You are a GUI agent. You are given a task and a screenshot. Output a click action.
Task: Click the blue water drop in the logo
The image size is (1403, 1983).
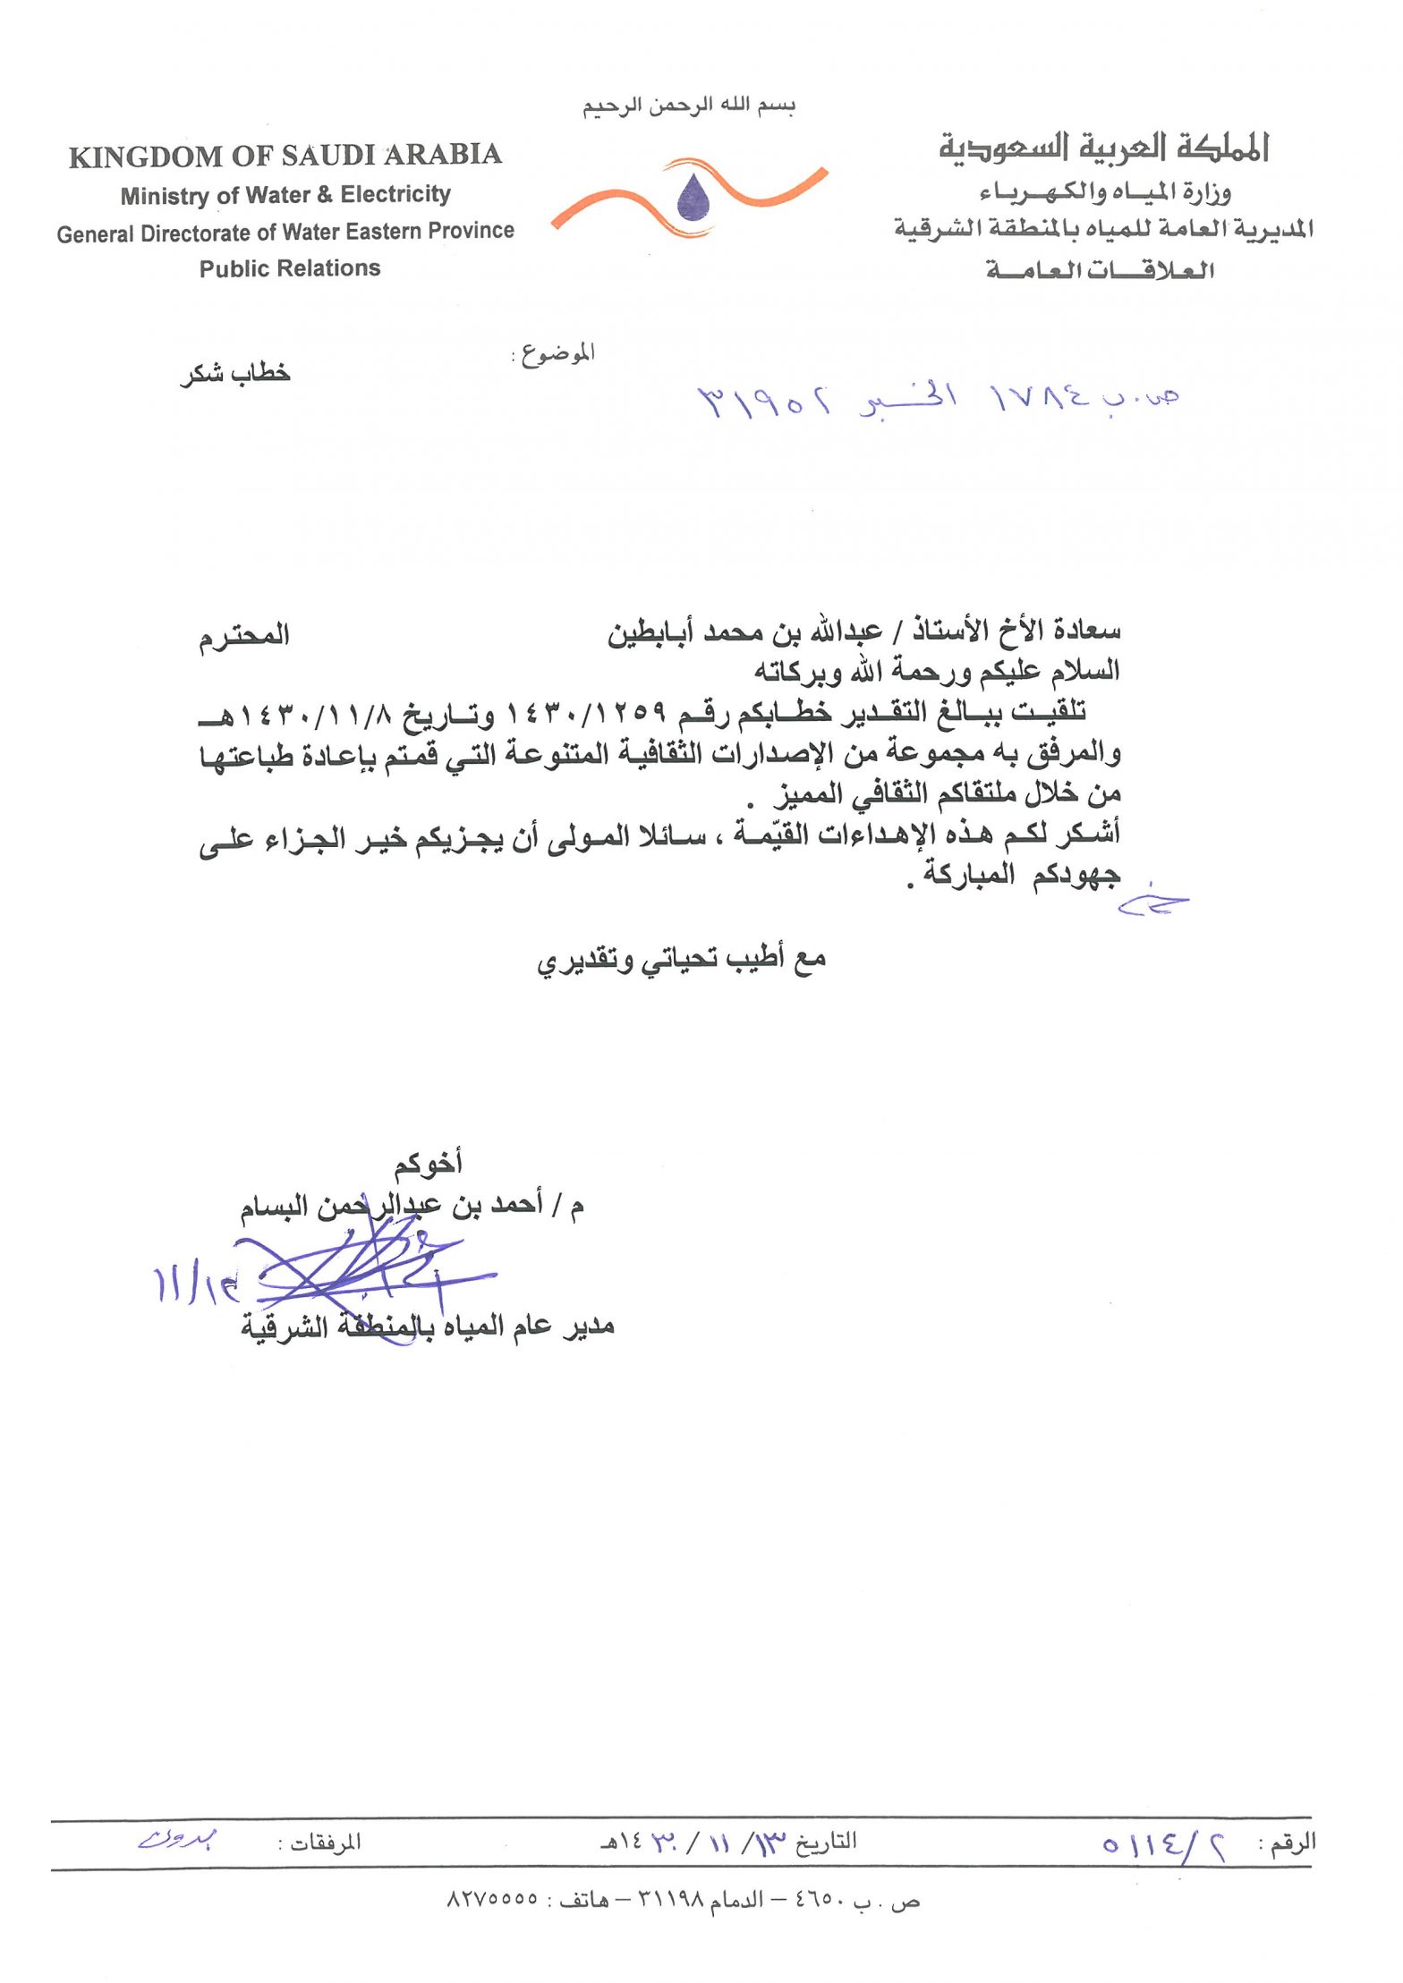693,198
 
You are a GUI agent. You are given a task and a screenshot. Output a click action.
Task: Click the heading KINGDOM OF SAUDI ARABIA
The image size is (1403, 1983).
285,156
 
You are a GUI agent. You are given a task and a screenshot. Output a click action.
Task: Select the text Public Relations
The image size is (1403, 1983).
289,268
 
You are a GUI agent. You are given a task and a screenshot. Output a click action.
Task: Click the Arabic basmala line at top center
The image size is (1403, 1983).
688,106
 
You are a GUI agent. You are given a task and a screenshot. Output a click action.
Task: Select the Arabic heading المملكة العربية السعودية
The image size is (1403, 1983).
1103,148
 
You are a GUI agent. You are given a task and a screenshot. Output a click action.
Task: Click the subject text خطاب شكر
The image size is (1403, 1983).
235,373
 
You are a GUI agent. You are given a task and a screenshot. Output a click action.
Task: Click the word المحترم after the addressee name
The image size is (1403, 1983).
244,636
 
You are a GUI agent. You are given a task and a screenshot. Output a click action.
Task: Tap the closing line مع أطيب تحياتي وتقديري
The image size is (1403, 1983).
681,960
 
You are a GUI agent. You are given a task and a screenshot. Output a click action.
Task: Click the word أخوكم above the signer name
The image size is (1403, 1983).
428,1163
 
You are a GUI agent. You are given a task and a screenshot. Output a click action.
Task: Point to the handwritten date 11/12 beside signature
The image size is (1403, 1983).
195,1284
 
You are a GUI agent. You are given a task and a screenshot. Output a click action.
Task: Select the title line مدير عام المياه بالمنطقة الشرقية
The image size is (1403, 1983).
428,1326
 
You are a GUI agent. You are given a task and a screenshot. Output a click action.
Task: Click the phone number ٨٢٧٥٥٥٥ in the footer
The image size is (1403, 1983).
492,1900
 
